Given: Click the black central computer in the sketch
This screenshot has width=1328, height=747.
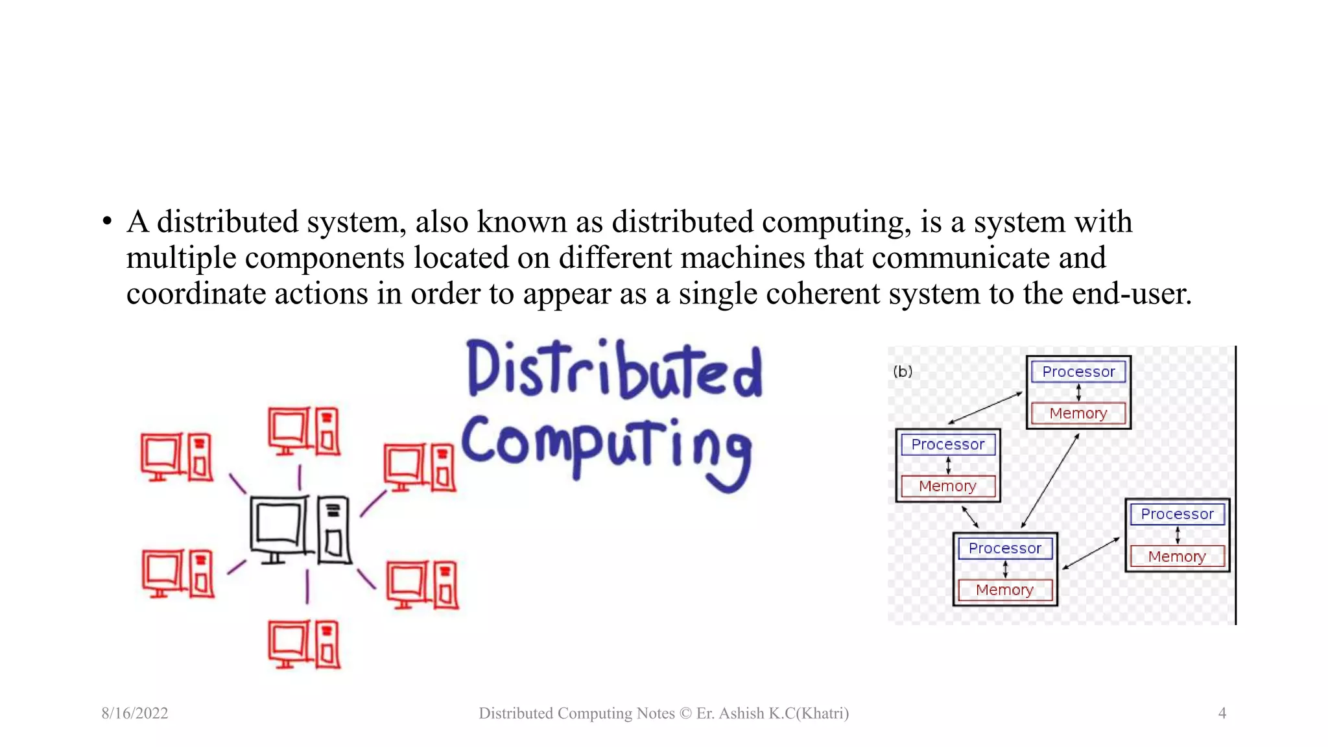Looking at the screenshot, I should [301, 530].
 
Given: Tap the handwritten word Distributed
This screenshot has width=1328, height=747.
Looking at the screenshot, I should [613, 369].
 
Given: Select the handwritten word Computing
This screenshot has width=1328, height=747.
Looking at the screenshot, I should [606, 448].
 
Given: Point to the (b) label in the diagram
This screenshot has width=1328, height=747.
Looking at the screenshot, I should [902, 372].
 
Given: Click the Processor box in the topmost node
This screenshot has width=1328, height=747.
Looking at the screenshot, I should [1078, 372].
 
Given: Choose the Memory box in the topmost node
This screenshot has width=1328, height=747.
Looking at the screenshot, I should [1078, 414].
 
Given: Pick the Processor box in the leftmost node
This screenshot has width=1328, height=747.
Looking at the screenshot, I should [947, 445].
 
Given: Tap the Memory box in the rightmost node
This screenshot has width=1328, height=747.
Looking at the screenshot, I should [1177, 556].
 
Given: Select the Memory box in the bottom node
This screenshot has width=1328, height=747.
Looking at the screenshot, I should [1004, 590].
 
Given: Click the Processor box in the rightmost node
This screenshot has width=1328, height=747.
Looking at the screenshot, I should [1177, 514].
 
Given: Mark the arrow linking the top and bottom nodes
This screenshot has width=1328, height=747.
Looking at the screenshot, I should [1050, 480].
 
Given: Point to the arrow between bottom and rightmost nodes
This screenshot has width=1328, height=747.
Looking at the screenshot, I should [1091, 554].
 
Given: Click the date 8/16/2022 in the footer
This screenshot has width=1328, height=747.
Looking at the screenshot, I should [135, 713].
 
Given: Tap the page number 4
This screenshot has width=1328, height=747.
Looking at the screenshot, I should [1222, 713].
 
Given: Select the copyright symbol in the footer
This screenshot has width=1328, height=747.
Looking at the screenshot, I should [685, 713].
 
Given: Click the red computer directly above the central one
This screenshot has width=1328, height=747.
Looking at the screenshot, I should [304, 431].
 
